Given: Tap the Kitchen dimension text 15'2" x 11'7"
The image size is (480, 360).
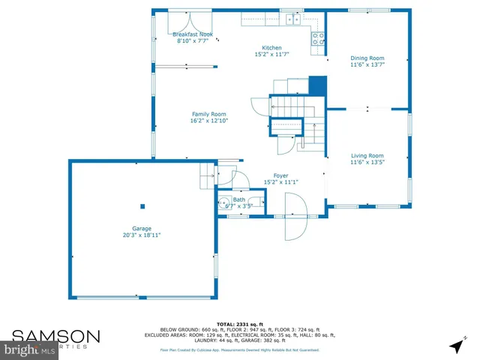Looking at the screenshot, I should [x=271, y=54].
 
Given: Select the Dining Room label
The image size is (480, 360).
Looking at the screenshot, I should [x=367, y=58].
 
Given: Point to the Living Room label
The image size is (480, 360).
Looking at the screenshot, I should [x=367, y=155].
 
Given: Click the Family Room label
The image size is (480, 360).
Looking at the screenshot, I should [x=208, y=114].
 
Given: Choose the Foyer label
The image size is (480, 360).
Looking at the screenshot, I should [x=280, y=175].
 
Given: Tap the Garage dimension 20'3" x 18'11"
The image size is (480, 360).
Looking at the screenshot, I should [x=142, y=235].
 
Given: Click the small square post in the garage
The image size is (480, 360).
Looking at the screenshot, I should [x=142, y=206].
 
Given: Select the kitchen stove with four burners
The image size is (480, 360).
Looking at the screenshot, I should [x=318, y=37].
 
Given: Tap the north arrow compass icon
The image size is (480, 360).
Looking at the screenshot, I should [x=454, y=346].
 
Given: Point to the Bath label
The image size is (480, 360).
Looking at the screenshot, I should [x=238, y=199].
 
